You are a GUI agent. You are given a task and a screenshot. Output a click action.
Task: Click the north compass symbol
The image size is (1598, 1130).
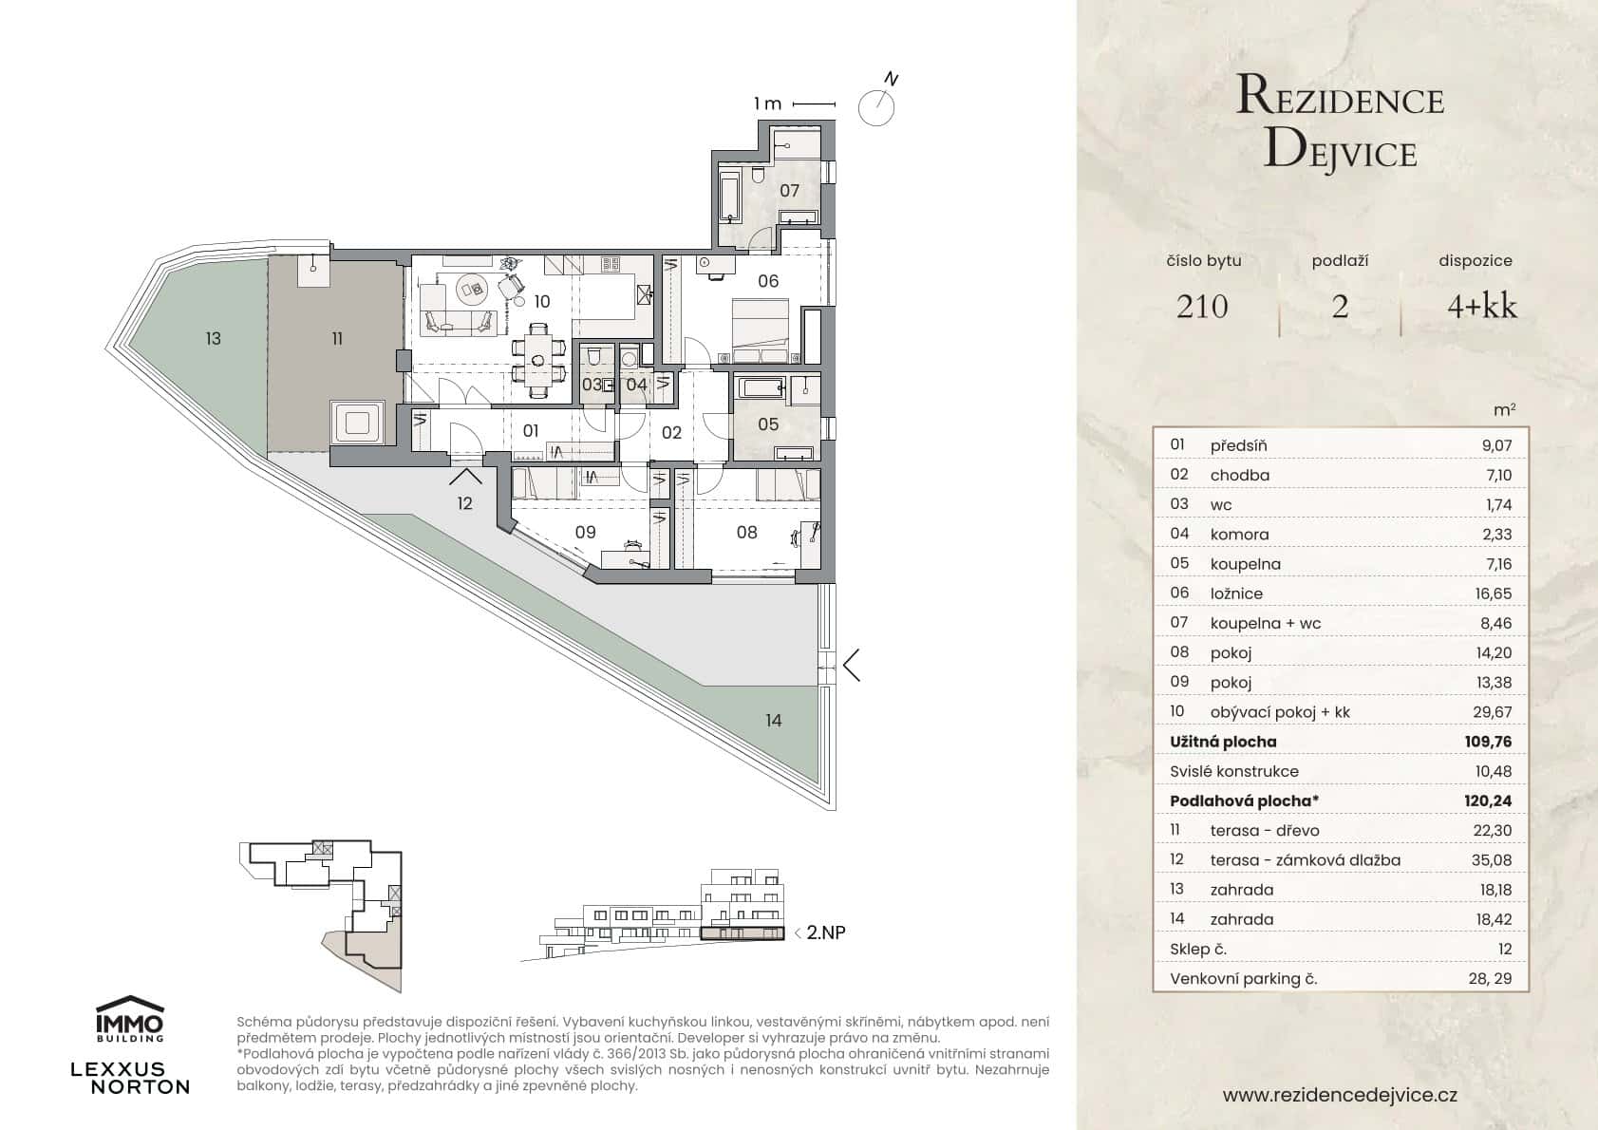[875, 106]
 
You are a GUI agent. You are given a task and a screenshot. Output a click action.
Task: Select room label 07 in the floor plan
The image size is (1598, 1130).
[789, 191]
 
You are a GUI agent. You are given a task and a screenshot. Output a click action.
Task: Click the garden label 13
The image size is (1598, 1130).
[213, 338]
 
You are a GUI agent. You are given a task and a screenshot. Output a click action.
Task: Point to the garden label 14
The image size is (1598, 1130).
[773, 721]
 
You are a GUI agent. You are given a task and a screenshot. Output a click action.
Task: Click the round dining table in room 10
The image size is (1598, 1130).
[538, 360]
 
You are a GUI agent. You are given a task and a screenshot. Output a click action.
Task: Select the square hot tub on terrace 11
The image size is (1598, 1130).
[356, 422]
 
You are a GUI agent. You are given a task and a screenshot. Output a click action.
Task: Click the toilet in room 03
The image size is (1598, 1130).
[592, 357]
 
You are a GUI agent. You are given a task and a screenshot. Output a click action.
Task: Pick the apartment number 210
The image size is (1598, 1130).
[1201, 307]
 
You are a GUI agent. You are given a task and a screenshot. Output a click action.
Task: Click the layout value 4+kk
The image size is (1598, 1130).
[1481, 307]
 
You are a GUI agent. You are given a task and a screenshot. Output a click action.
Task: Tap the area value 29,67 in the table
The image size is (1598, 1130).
[1495, 712]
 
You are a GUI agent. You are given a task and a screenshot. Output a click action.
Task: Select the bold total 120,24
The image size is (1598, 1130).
[1487, 800]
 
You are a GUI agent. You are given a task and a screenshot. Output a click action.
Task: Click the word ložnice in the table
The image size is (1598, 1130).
[1236, 593]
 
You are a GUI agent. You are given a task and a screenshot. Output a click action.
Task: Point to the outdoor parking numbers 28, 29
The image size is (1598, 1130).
[1489, 978]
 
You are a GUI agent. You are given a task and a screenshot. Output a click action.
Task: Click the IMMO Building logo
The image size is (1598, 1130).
[130, 1019]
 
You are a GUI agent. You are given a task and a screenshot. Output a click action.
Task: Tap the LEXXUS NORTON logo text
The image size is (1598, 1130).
[130, 1079]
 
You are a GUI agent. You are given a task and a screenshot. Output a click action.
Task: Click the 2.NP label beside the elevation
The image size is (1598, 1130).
[825, 932]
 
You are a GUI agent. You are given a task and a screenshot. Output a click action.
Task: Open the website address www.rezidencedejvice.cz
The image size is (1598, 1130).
[1340, 1095]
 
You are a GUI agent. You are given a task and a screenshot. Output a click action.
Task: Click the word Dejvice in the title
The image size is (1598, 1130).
[1340, 151]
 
